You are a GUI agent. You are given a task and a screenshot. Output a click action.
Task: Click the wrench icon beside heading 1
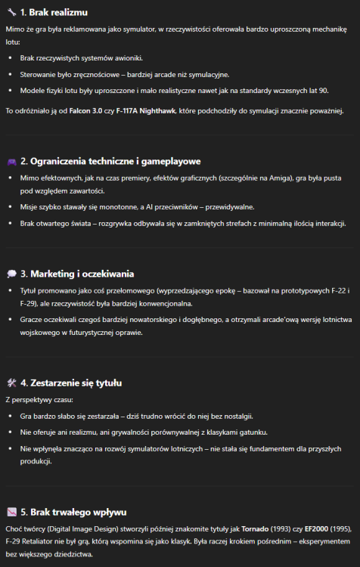click(x=11, y=12)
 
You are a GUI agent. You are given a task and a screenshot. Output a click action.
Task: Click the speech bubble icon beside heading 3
click(x=11, y=273)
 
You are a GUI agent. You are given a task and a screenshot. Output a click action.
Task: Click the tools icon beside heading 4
click(x=11, y=383)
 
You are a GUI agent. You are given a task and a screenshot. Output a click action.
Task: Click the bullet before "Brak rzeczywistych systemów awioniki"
click(x=11, y=57)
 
